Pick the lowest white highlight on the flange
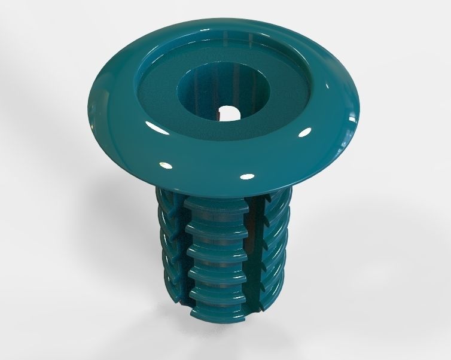tap(245, 176)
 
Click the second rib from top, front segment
tap(215, 230)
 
